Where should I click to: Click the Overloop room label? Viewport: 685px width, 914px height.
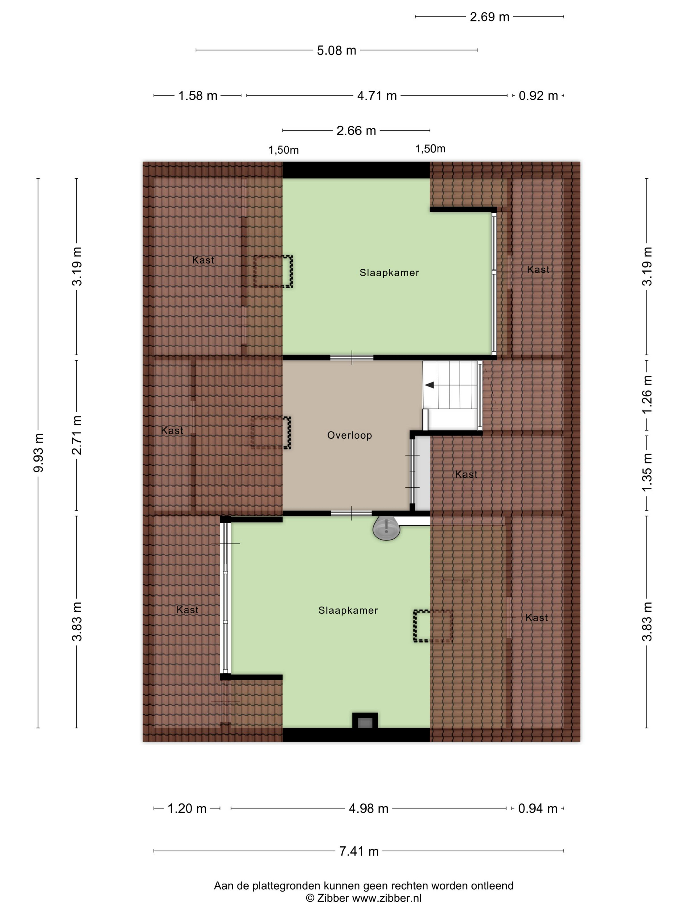[x=349, y=435]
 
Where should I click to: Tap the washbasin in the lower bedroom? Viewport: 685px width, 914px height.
[x=387, y=529]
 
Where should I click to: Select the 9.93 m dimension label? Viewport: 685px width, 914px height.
[x=38, y=453]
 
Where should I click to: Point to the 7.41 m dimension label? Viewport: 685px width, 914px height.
[x=359, y=851]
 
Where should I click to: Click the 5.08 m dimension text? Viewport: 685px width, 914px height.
[x=337, y=50]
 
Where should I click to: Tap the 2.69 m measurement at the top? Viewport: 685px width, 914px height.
[x=490, y=17]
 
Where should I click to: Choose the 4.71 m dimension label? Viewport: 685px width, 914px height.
[x=377, y=96]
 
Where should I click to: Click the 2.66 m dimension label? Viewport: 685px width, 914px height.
[x=356, y=131]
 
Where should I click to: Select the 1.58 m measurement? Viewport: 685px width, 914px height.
[x=198, y=96]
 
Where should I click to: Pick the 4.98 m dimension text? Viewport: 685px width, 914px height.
[x=369, y=809]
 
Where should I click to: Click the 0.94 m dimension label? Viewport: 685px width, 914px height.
[x=538, y=809]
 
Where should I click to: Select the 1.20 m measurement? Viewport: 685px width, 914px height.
[x=187, y=809]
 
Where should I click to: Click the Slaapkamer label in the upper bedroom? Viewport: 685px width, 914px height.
[x=389, y=273]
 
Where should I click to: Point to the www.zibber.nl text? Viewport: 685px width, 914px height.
[x=387, y=898]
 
